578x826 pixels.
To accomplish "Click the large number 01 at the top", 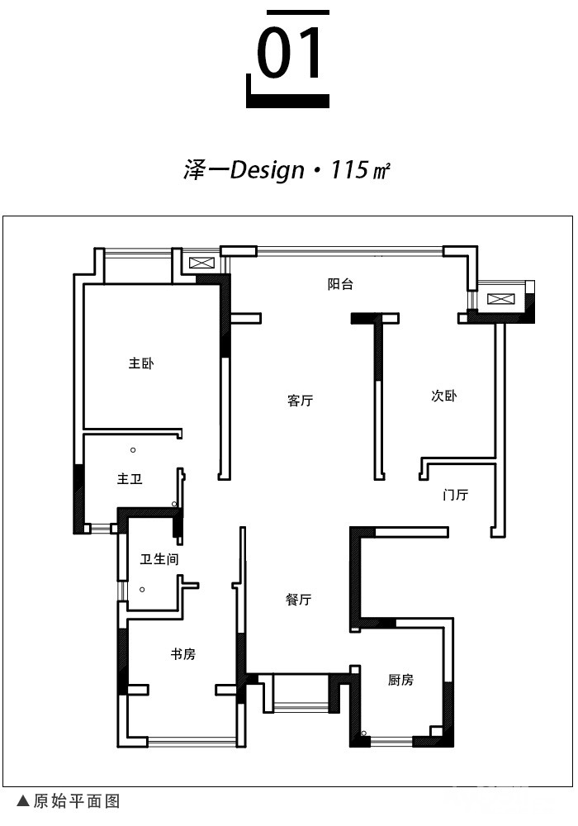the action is click(289, 53).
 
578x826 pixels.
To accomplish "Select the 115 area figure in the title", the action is click(349, 169).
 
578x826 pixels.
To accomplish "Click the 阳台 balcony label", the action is click(340, 284).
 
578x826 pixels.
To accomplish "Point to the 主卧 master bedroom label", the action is click(141, 363).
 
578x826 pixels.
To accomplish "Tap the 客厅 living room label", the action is click(300, 401).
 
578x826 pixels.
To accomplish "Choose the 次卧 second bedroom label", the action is click(443, 396).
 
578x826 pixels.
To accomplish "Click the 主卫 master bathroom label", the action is click(130, 479).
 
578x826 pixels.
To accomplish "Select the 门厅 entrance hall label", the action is click(455, 495).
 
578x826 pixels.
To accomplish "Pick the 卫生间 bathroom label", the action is click(159, 559).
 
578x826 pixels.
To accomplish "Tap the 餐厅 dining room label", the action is click(298, 599).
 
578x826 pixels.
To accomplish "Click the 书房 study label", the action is click(182, 654).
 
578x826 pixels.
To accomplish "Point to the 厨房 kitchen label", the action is click(400, 680).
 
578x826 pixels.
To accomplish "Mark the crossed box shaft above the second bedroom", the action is click(497, 299).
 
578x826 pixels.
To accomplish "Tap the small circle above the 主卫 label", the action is click(133, 450).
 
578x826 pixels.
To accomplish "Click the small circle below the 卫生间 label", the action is click(142, 590).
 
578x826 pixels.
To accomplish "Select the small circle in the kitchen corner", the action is click(364, 733).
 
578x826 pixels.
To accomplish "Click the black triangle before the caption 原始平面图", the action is click(22, 801).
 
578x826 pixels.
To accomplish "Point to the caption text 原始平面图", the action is click(77, 801).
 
